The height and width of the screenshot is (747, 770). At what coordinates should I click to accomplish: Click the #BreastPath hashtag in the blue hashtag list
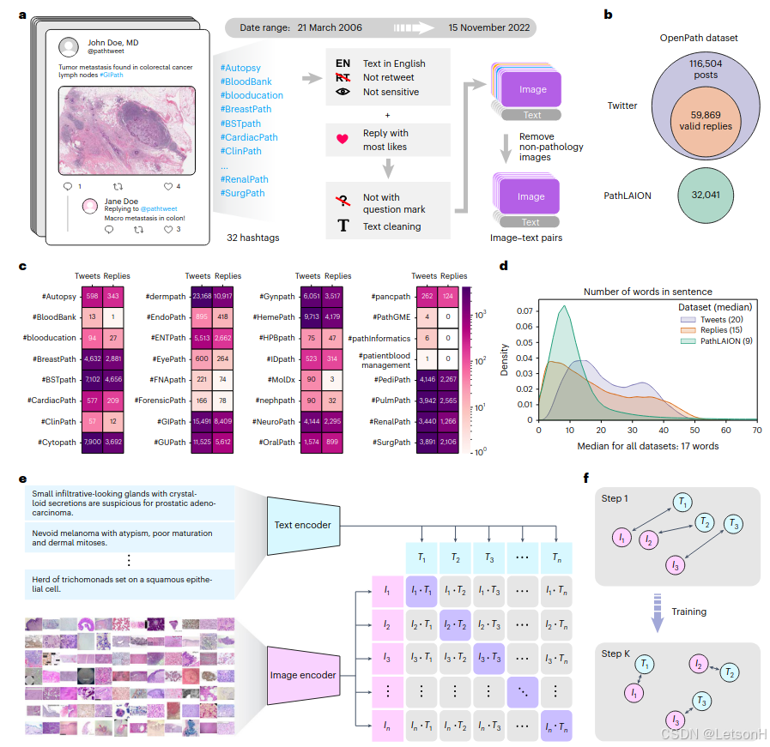coord(246,109)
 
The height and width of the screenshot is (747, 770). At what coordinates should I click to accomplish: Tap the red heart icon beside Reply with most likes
coord(343,139)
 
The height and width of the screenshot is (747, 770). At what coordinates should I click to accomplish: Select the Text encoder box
coord(302,524)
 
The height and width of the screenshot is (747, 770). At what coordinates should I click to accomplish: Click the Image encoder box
coord(302,675)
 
